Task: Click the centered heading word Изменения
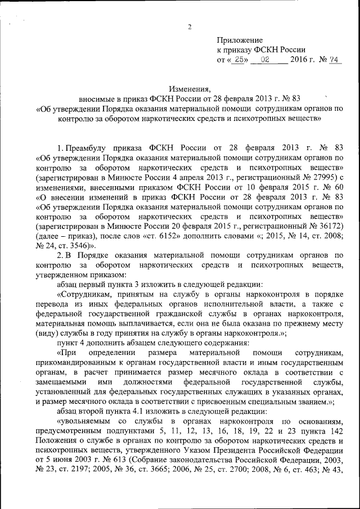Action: [189, 89]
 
